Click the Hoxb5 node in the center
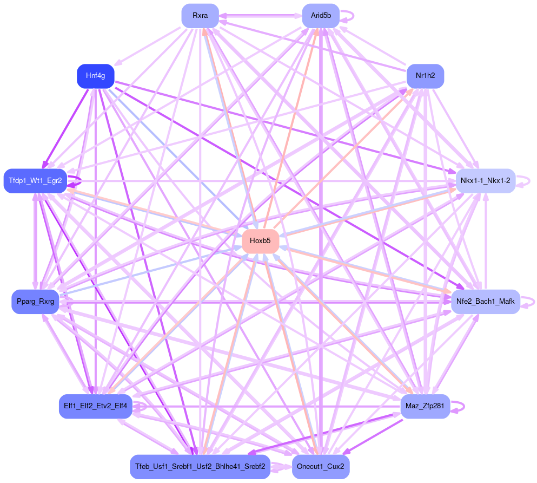click(x=260, y=241)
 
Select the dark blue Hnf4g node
click(x=95, y=76)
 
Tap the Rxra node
click(x=200, y=16)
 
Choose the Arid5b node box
click(x=321, y=16)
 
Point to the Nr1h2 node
click(x=425, y=76)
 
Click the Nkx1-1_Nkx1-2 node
click(x=486, y=180)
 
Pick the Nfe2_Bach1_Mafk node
click(x=485, y=301)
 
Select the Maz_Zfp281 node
click(x=425, y=406)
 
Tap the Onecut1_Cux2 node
click(x=321, y=467)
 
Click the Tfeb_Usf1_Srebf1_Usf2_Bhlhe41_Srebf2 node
click(x=200, y=467)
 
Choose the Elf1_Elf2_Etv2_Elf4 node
click(x=95, y=406)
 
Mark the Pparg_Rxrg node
click(x=35, y=302)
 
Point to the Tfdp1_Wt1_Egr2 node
click(x=35, y=180)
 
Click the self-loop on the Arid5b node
click(x=352, y=16)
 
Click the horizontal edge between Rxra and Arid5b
click(x=260, y=16)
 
